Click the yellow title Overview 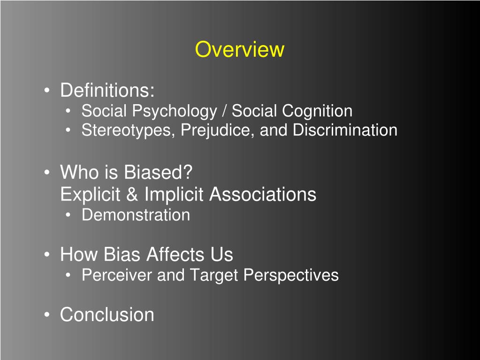click(239, 49)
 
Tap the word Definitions click(106, 90)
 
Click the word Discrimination click(345, 130)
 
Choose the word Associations click(263, 194)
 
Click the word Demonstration click(136, 215)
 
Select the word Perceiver click(117, 275)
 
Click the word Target click(213, 275)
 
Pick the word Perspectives click(291, 275)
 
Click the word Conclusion click(107, 314)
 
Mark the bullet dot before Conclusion click(47, 315)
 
